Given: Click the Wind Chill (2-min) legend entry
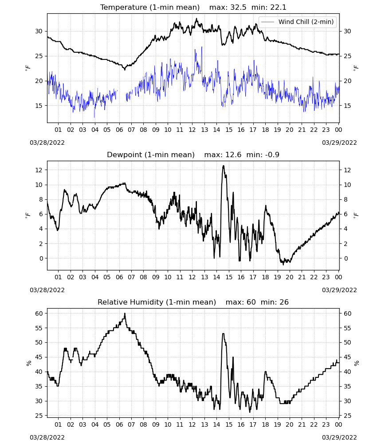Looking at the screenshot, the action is point(297,22).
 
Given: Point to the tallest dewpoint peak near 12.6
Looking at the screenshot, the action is point(224,166).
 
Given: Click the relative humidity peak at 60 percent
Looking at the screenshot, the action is point(125,313).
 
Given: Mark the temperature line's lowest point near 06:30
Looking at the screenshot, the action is point(125,69).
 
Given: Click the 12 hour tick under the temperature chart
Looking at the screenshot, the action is point(192,130).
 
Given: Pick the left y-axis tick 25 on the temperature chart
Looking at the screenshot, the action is point(39,56).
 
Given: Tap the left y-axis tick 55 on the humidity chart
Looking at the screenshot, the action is point(39,328).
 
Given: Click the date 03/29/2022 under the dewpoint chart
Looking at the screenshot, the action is point(339,290).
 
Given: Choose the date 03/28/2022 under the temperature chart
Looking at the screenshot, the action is point(47,143).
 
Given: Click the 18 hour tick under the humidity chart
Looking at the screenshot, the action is point(265,424).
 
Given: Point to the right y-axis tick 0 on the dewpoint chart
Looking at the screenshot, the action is point(346,258).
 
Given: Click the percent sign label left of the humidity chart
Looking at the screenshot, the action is point(28,363).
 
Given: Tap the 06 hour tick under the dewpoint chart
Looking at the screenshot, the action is point(119,277).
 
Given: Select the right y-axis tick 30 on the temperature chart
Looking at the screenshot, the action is point(347,32).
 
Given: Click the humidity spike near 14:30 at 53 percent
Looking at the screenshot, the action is point(223,334).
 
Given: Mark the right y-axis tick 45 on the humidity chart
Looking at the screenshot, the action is point(347,357).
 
